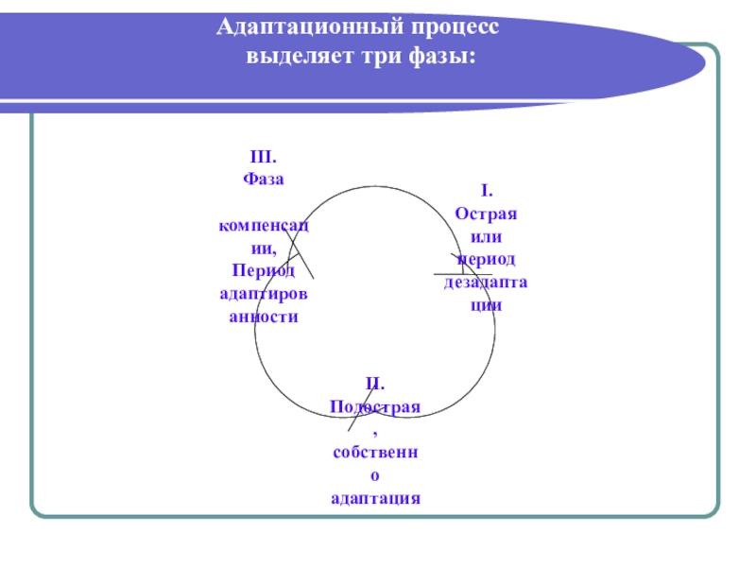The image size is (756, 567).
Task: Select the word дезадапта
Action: tap(486, 283)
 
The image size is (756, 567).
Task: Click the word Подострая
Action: tap(375, 406)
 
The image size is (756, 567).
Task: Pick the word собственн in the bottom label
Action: tap(375, 452)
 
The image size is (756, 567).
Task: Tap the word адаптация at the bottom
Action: tap(375, 497)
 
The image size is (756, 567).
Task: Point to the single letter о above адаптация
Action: tap(375, 474)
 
